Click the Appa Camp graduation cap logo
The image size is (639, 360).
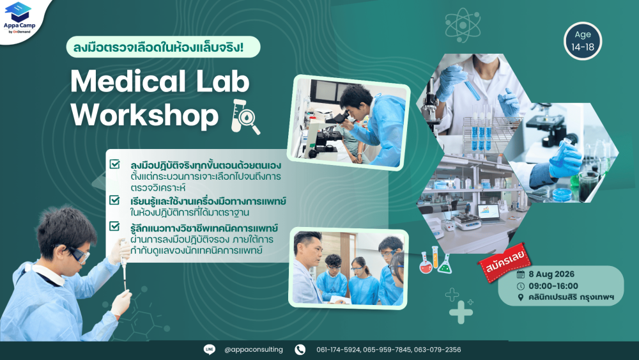pyautogui.click(x=18, y=12)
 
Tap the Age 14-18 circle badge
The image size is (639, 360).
pyautogui.click(x=583, y=41)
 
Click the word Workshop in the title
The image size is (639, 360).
pyautogui.click(x=144, y=115)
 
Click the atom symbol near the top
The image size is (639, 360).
pyautogui.click(x=463, y=26)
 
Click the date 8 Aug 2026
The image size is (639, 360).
pyautogui.click(x=551, y=274)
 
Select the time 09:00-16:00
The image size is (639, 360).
pyautogui.click(x=553, y=286)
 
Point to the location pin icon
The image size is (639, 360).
pyautogui.click(x=520, y=297)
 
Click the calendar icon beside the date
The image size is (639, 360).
pyautogui.click(x=520, y=274)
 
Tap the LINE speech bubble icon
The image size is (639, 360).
pyautogui.click(x=210, y=349)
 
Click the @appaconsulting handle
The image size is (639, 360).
pyautogui.click(x=254, y=349)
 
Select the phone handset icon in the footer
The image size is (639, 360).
pyautogui.click(x=300, y=349)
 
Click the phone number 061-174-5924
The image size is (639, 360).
pyautogui.click(x=338, y=350)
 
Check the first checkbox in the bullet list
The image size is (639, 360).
pyautogui.click(x=114, y=164)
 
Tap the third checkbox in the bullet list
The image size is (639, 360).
pyautogui.click(x=114, y=226)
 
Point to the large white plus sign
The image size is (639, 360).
pyautogui.click(x=461, y=313)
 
